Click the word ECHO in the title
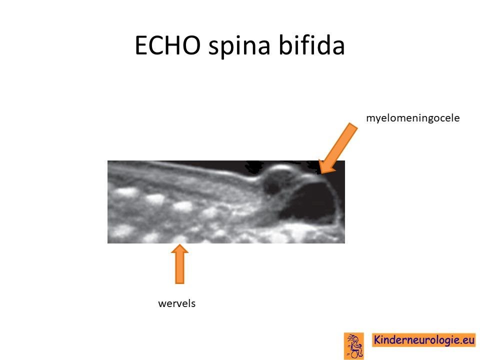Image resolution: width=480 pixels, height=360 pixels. (x=167, y=45)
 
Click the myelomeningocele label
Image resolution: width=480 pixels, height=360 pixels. (x=413, y=118)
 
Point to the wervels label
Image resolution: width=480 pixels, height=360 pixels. (x=176, y=303)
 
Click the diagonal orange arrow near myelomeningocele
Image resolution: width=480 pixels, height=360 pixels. (x=337, y=149)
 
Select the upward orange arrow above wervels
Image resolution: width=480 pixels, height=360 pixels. (x=179, y=263)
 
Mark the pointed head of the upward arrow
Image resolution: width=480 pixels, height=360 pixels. (x=179, y=244)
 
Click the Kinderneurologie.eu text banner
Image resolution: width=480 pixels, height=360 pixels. (x=424, y=340)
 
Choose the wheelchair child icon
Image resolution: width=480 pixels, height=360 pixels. (x=354, y=345)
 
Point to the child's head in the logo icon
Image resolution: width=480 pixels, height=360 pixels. (x=354, y=338)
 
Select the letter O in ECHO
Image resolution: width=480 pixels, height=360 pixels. (x=190, y=45)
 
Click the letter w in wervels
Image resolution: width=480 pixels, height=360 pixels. (x=162, y=304)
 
